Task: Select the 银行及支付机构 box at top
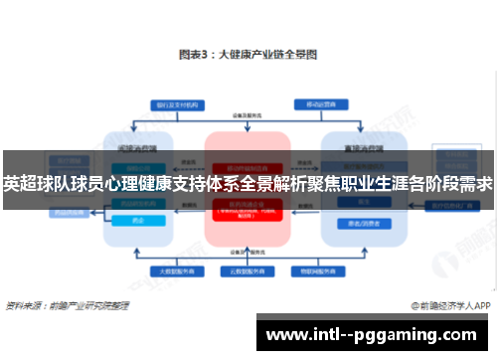(x=173, y=104)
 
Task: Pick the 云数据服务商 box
(x=248, y=269)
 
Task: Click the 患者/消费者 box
(x=355, y=224)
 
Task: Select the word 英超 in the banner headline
(x=19, y=184)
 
